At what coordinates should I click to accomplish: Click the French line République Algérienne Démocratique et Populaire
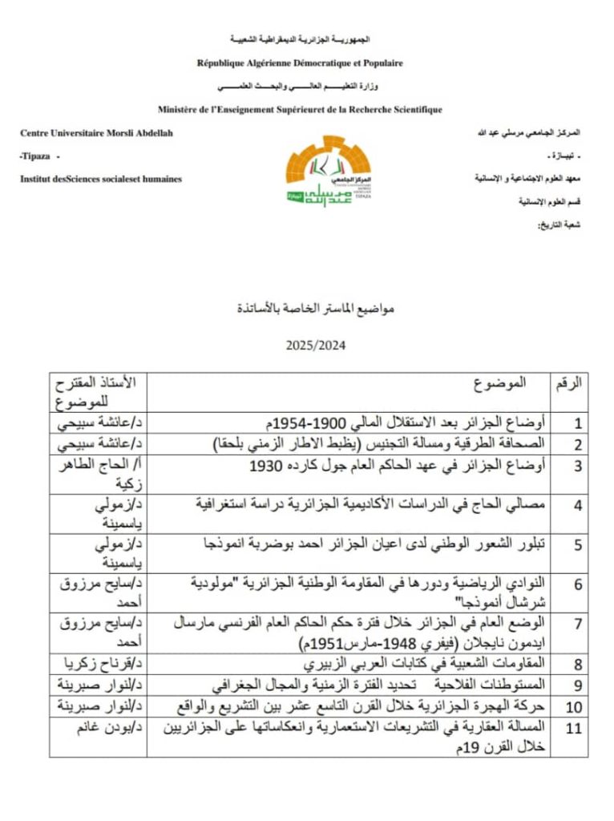click(x=300, y=63)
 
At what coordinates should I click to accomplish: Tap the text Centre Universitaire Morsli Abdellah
click(x=96, y=133)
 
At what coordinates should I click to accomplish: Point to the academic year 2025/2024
click(x=307, y=346)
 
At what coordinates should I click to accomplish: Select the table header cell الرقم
click(x=568, y=383)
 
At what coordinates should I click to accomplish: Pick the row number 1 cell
click(x=577, y=423)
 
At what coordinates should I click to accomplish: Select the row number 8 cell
click(x=577, y=665)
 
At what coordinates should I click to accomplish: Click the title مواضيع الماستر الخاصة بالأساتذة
click(x=307, y=308)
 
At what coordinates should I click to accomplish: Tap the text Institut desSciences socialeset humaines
click(x=101, y=179)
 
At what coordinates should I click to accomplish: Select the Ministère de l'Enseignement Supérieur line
click(x=300, y=109)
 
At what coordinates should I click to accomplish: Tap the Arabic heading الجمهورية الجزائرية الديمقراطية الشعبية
click(x=300, y=38)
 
